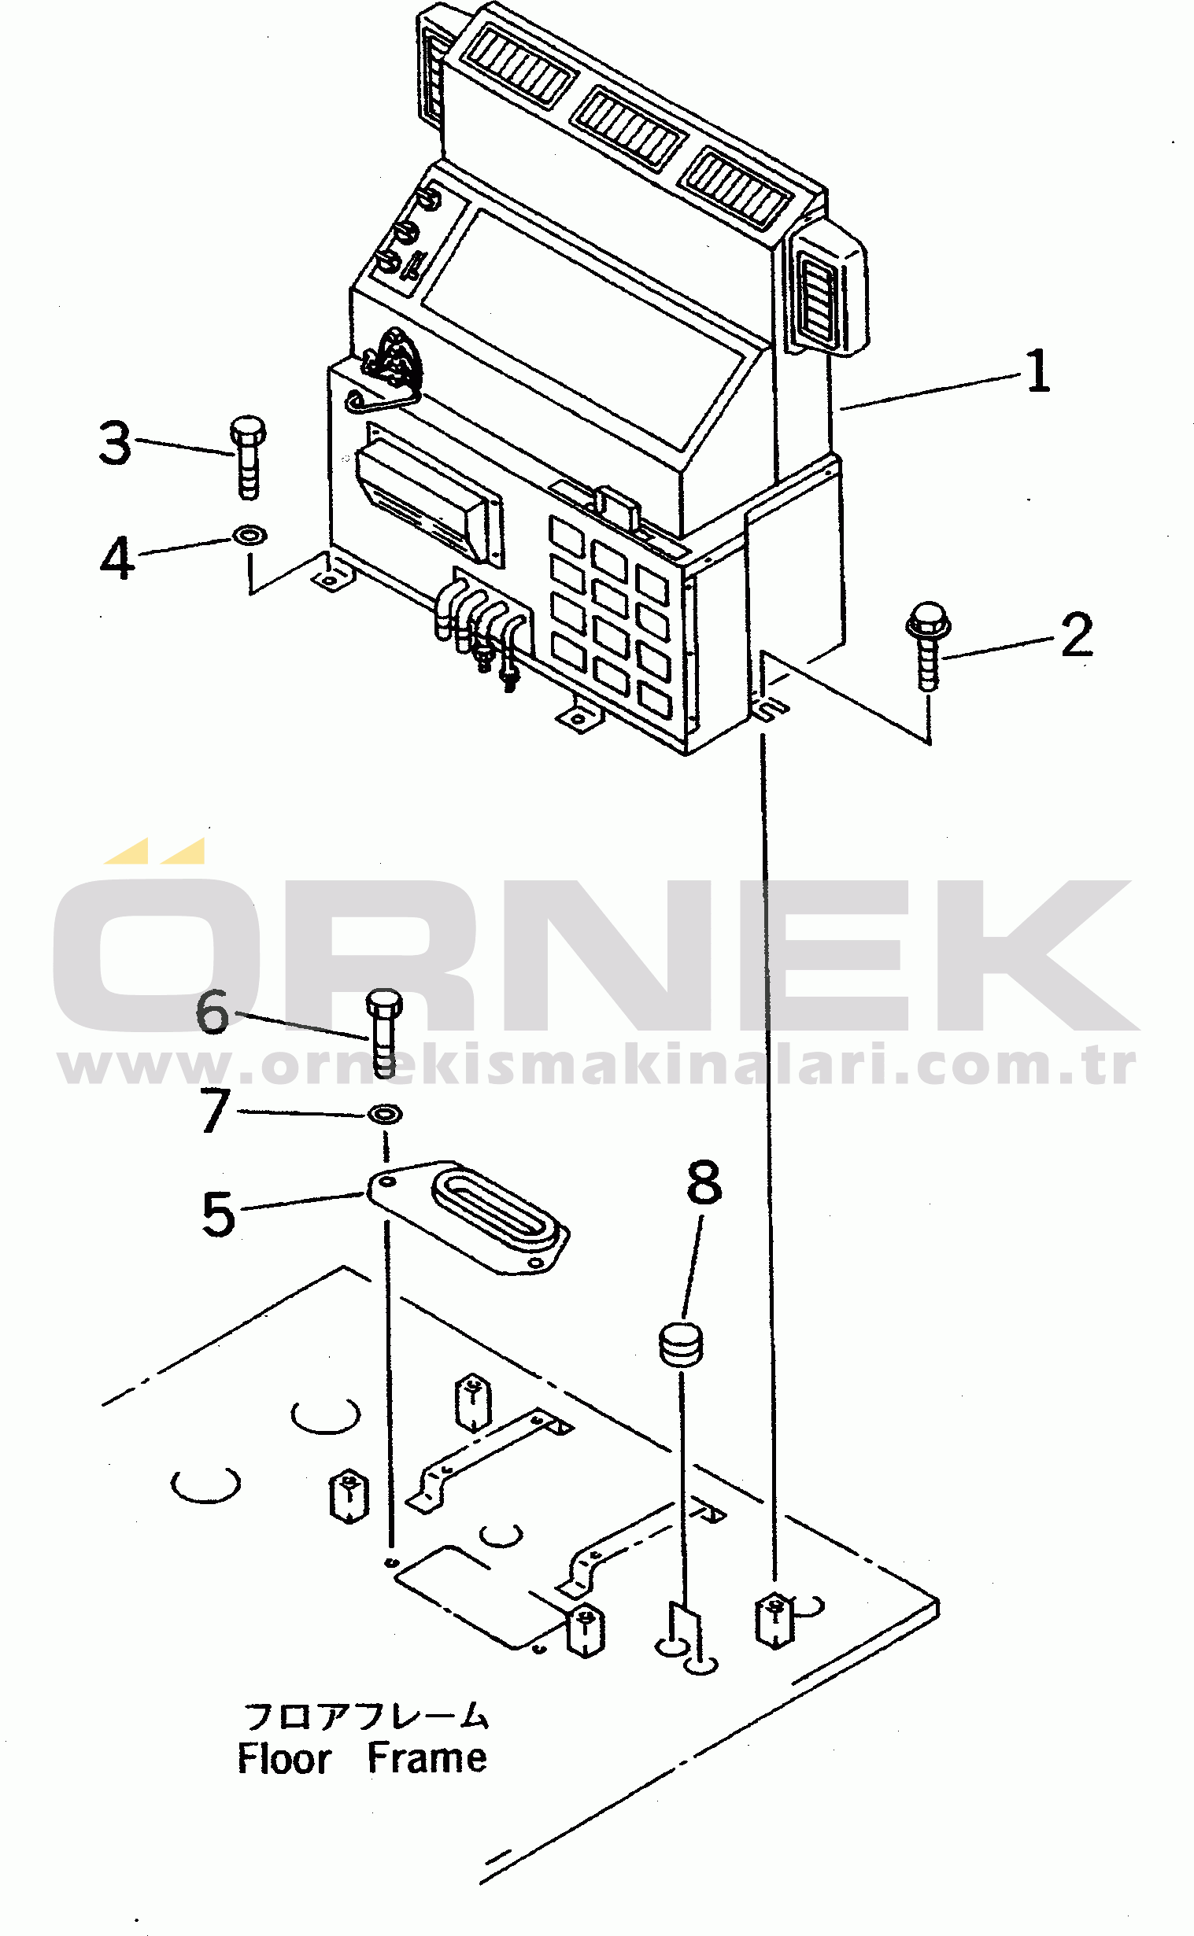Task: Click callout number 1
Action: click(1037, 371)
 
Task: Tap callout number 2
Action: click(1077, 635)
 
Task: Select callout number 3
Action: click(115, 443)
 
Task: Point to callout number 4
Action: click(117, 559)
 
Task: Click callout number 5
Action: click(218, 1214)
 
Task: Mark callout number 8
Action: click(704, 1182)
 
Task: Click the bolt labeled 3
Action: click(248, 458)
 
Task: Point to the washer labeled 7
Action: click(385, 1115)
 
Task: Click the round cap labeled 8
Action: click(680, 1345)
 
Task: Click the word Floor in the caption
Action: click(283, 1759)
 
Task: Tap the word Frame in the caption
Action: click(427, 1758)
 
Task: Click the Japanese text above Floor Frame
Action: click(366, 1717)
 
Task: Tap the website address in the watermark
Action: click(596, 1067)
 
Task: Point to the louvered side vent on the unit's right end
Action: click(817, 296)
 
